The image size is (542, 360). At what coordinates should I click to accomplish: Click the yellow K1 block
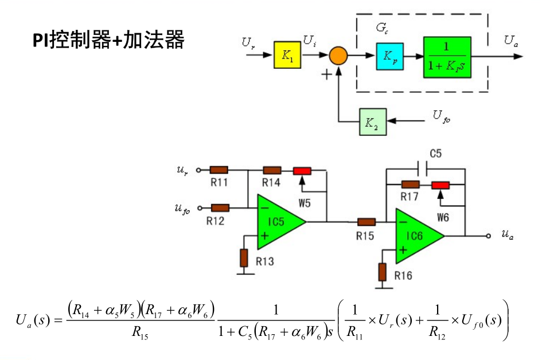(x=287, y=56)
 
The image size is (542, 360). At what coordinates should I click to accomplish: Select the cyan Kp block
(x=390, y=56)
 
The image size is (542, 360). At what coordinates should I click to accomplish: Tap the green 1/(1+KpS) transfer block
(x=447, y=57)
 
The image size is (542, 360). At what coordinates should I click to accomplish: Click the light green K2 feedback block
(x=372, y=122)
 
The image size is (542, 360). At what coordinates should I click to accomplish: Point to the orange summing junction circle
(x=338, y=56)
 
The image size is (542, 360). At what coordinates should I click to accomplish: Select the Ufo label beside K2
(x=441, y=117)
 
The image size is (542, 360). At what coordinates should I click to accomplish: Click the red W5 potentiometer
(x=302, y=171)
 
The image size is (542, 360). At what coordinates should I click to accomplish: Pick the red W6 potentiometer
(x=440, y=185)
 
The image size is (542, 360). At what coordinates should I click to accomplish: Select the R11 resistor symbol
(x=219, y=170)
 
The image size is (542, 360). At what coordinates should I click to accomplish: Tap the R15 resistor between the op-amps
(x=366, y=222)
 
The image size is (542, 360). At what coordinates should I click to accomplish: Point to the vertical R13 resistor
(x=244, y=258)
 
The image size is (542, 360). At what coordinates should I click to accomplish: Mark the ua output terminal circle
(x=488, y=236)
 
